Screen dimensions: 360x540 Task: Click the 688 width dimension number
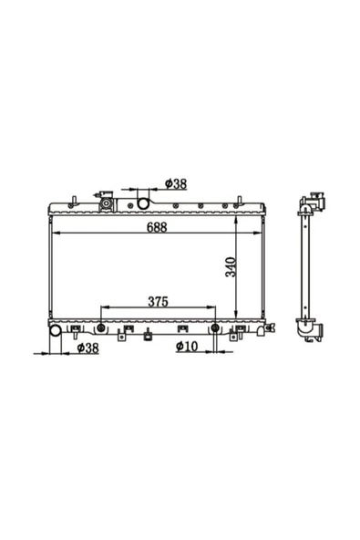[157, 227]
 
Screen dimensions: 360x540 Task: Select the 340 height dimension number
[231, 267]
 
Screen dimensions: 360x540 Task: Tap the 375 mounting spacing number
[158, 302]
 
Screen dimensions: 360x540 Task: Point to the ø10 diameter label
[187, 346]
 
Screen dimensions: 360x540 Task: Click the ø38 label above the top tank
[176, 184]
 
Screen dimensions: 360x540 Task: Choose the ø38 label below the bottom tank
[87, 348]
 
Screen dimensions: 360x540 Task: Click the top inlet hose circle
[143, 203]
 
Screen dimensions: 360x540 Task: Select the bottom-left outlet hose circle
[56, 330]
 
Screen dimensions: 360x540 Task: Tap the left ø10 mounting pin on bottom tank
[101, 327]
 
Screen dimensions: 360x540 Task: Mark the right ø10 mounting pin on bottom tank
[215, 327]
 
